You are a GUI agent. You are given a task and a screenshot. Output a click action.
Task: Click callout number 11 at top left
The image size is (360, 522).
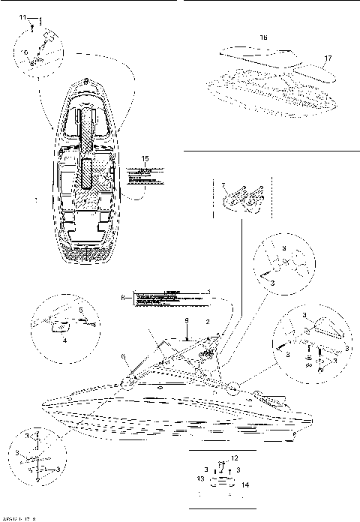click(22, 16)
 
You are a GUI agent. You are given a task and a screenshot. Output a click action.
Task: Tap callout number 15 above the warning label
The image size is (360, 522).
click(145, 158)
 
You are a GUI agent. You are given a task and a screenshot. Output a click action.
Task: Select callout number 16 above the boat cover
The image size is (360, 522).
click(263, 37)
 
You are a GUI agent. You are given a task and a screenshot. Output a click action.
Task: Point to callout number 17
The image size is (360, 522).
click(327, 57)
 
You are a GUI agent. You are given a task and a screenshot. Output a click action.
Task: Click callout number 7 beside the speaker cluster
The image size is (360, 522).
click(223, 183)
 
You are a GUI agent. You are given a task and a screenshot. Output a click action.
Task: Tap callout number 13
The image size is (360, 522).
click(199, 478)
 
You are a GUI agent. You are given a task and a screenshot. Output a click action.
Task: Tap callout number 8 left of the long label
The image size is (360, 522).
click(122, 298)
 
